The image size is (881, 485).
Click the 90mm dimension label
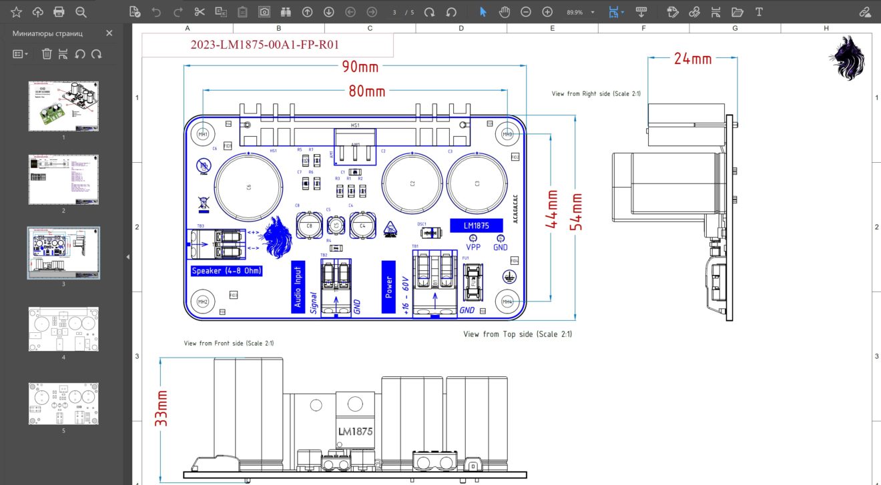coord(359,67)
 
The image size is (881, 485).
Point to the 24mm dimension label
coord(692,59)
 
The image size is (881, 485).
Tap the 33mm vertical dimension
coord(161,408)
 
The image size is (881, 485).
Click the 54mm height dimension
coord(575,211)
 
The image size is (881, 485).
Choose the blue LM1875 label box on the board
coord(477,225)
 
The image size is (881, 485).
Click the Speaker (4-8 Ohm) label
coord(226,271)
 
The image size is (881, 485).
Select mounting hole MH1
coord(202,134)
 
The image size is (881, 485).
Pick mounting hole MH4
coord(507,301)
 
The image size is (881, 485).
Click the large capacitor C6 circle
coord(248,187)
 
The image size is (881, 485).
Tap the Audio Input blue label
coord(298,288)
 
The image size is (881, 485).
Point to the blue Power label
coord(389,288)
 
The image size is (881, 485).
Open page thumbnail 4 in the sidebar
coord(63,329)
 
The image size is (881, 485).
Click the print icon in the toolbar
coord(59,12)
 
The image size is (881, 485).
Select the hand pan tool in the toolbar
coord(505,12)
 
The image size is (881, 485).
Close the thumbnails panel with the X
coord(109,33)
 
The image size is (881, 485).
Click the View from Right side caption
coord(596,94)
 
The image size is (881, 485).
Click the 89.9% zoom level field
coord(575,12)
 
